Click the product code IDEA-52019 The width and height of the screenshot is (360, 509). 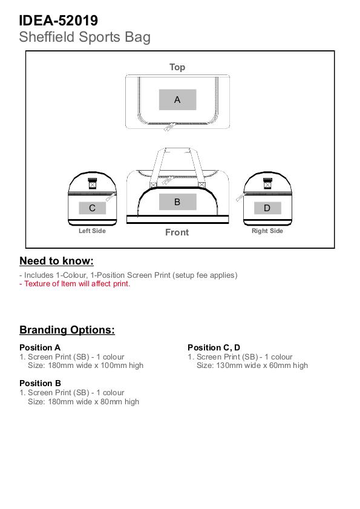point(59,21)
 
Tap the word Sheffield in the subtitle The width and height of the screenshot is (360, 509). point(47,37)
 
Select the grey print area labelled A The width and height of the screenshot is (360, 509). point(177,100)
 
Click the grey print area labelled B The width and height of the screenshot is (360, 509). point(177,202)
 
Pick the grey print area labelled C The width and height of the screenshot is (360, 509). point(92,208)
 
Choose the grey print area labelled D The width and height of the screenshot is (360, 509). point(267,208)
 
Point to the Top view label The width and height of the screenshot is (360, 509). point(177,67)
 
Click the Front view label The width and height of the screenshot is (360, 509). point(177,232)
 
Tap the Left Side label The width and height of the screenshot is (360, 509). point(92,231)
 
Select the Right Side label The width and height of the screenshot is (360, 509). point(267,231)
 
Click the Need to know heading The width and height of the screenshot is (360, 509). point(56,261)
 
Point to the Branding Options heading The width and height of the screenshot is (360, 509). point(67,330)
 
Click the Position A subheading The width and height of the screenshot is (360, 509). point(40,347)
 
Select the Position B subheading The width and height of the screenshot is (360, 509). point(41,383)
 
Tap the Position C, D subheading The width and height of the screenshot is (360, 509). point(214,347)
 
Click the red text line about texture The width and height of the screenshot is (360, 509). point(74,284)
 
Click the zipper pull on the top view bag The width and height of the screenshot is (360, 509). point(169,127)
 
